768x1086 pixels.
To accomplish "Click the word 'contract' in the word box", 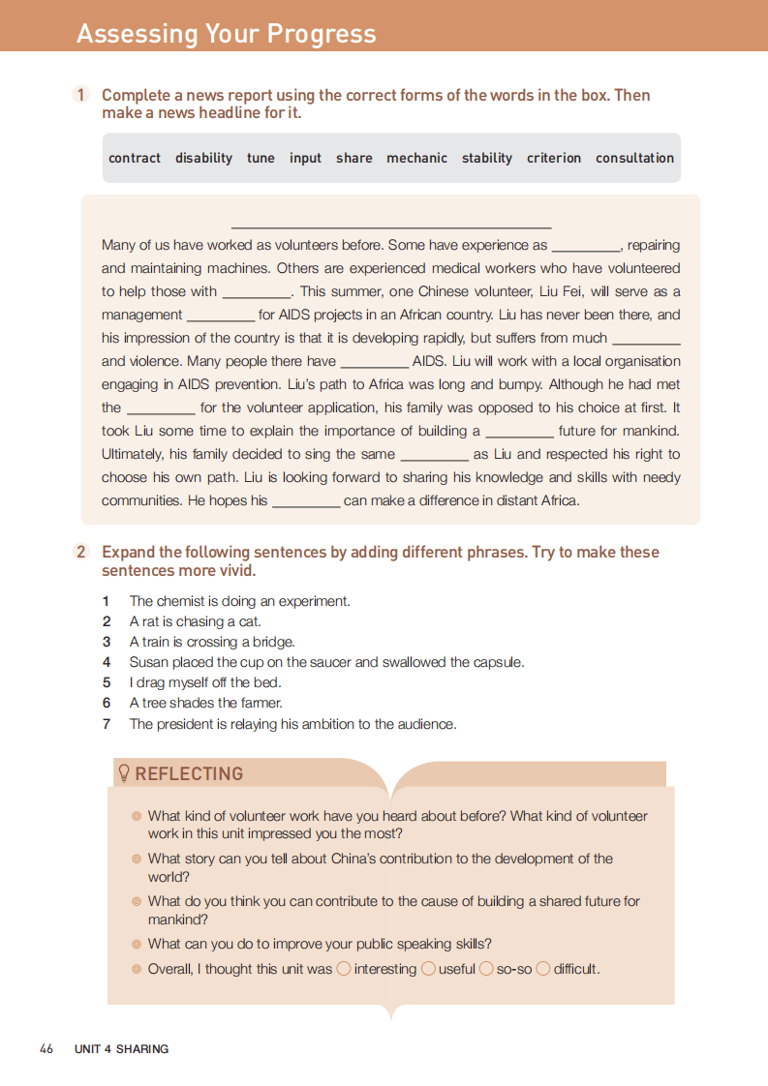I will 135,158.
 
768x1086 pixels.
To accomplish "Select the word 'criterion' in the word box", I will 554,158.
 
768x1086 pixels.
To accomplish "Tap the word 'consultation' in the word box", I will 634,158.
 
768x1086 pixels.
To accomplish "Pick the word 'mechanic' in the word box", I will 416,158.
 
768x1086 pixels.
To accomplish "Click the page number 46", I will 46,1048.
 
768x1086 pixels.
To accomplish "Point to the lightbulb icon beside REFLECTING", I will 124,773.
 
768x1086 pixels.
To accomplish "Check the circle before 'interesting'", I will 343,968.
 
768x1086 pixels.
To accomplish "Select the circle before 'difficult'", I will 543,968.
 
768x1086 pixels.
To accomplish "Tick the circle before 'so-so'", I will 487,968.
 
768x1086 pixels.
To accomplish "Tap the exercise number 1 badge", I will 80,95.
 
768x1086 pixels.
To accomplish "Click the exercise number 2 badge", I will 81,552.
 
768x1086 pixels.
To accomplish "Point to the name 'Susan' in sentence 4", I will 148,662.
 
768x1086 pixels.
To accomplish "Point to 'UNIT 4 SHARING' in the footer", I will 121,1048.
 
